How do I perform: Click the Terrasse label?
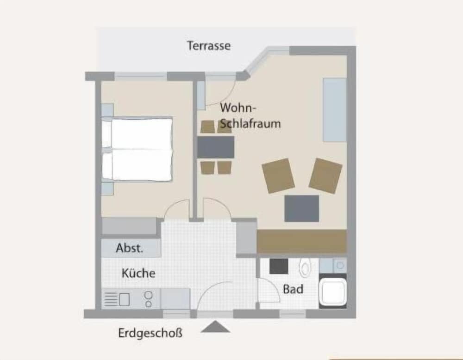208,46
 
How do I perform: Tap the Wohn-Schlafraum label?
250,116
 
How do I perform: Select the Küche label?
138,273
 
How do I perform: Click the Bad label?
293,289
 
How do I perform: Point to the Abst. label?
130,248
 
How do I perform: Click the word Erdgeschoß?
150,333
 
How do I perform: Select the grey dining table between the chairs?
216,147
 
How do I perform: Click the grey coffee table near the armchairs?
301,208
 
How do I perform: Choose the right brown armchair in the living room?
325,175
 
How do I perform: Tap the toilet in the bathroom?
305,267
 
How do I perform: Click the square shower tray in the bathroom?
333,291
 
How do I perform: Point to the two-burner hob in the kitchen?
149,299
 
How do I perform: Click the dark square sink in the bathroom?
279,266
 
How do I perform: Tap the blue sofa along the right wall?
334,109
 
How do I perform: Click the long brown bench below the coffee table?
301,241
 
